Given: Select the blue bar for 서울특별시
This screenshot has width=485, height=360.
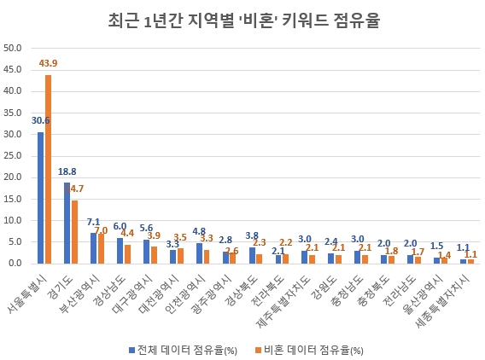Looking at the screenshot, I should point(40,198).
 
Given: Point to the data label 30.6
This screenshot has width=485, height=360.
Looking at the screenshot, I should point(40,121).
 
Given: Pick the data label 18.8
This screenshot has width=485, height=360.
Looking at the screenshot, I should point(67,171).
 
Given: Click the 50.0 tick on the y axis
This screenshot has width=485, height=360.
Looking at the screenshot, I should point(13,48).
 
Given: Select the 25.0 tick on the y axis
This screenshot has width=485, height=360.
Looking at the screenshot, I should point(13,155).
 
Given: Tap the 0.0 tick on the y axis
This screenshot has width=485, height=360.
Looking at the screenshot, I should point(15,263).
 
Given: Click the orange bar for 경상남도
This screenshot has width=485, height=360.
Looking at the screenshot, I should point(127,253).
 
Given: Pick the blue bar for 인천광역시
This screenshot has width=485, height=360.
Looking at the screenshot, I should point(199,253).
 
